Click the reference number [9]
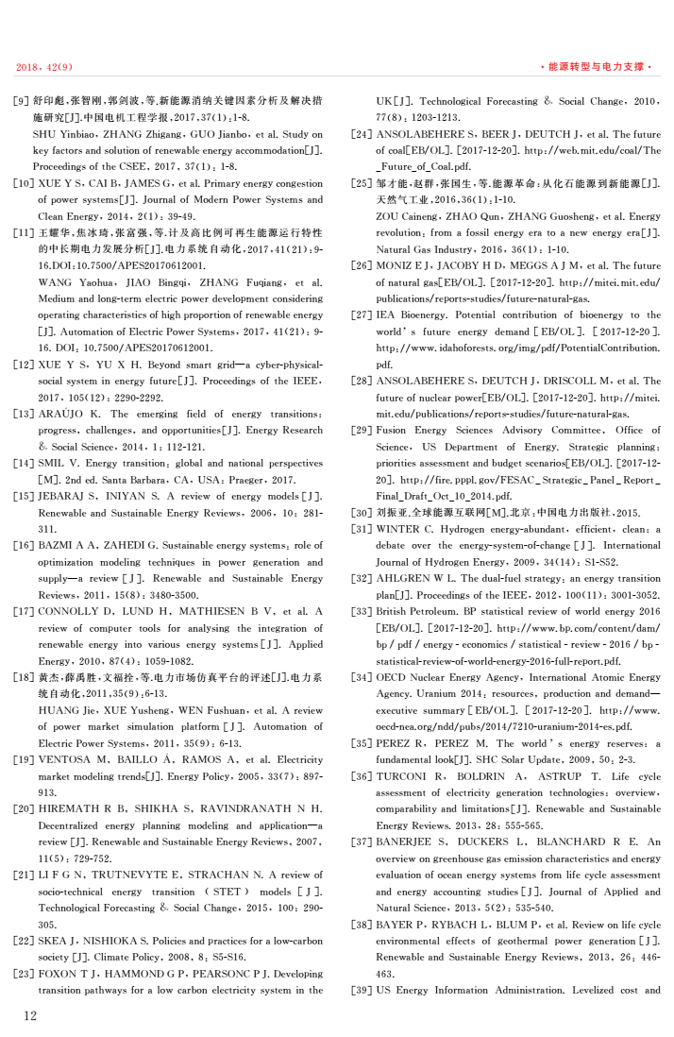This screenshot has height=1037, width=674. click(21, 99)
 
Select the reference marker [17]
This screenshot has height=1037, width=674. click(23, 611)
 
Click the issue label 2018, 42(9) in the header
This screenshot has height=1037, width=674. click(44, 67)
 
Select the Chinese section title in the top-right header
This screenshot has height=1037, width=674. click(597, 67)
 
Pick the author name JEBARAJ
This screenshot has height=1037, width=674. click(62, 496)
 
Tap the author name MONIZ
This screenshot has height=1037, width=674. click(396, 265)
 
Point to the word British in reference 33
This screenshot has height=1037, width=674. click(392, 611)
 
